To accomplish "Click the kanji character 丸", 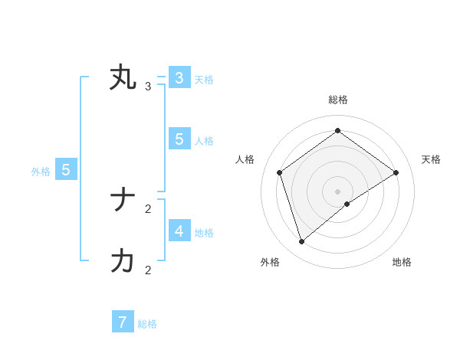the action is click(x=123, y=78).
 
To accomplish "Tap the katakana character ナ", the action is click(x=123, y=201).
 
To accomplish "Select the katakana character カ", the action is click(x=123, y=261).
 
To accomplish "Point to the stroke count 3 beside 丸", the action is click(x=148, y=86).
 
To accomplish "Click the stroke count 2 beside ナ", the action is click(x=148, y=208).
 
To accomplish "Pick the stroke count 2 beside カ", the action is click(x=148, y=270).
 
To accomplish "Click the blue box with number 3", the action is click(x=179, y=78).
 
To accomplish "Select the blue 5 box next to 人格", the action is click(x=179, y=139).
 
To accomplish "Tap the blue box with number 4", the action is click(x=179, y=231).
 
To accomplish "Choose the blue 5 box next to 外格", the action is click(x=66, y=170).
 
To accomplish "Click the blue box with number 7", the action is click(x=123, y=322).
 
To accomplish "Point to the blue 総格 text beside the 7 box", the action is click(x=147, y=324).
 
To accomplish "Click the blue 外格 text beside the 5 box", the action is click(x=41, y=172).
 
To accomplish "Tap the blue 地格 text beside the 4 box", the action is click(x=204, y=232).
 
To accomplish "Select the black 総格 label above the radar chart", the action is click(x=338, y=100).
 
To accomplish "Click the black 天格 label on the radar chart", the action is click(x=431, y=159).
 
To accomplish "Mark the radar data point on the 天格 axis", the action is click(x=396, y=172).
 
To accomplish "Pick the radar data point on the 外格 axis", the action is click(x=302, y=241).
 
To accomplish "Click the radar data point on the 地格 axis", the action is click(x=347, y=204).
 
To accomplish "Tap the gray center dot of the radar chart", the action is click(x=338, y=191).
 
